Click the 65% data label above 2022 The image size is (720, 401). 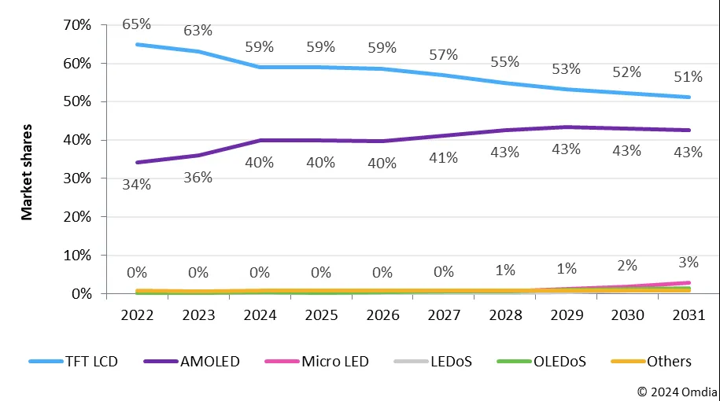click(x=137, y=25)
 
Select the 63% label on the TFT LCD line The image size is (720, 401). click(x=198, y=31)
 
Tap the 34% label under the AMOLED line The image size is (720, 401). click(x=137, y=184)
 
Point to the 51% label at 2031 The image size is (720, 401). click(x=689, y=77)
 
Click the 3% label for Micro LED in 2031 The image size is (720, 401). click(x=689, y=261)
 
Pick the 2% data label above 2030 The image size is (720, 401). click(x=627, y=265)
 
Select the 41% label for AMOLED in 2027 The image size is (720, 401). click(x=443, y=157)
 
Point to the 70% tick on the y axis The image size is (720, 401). click(x=76, y=25)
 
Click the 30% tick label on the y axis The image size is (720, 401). click(x=76, y=178)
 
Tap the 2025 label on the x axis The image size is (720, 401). click(x=320, y=315)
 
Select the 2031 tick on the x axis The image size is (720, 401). click(x=689, y=315)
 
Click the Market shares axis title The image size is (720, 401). click(x=27, y=171)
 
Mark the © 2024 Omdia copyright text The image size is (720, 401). click(x=676, y=391)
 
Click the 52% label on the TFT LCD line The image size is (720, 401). click(x=627, y=72)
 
